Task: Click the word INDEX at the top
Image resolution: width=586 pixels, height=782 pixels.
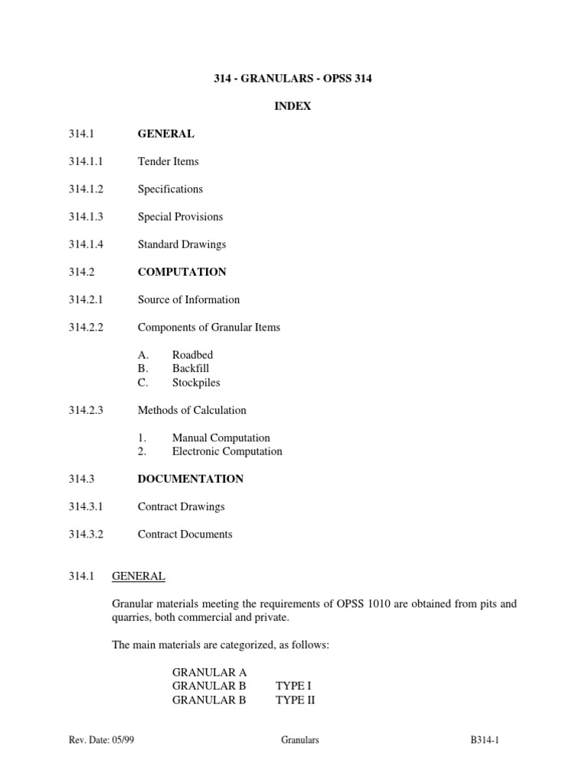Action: (x=293, y=106)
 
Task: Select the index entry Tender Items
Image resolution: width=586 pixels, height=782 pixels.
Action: (x=168, y=161)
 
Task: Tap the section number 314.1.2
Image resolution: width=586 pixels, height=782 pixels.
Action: (x=85, y=189)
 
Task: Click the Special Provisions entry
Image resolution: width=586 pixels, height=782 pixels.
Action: (x=180, y=216)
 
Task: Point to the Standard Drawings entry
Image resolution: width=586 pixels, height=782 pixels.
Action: (x=182, y=244)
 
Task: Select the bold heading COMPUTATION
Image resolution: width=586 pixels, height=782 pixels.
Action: (x=182, y=272)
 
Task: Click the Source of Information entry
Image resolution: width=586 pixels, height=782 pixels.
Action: (x=188, y=299)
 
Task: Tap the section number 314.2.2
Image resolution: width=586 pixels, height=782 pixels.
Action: (x=85, y=327)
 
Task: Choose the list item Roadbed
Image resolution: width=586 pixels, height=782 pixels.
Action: (x=192, y=355)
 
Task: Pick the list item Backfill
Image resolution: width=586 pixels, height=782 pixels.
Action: (x=191, y=368)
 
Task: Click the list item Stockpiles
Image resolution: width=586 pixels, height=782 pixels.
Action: (x=196, y=382)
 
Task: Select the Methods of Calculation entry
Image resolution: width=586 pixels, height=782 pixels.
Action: (x=192, y=410)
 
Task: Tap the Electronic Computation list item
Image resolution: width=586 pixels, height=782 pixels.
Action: (x=227, y=451)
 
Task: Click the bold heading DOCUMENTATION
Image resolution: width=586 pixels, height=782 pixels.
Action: (x=190, y=479)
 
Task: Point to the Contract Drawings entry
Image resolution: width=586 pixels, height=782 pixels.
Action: (x=181, y=506)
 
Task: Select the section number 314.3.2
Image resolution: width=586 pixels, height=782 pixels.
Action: (x=85, y=534)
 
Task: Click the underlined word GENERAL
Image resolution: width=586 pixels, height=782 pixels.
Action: (x=138, y=576)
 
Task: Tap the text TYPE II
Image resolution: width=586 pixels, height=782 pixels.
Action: (x=295, y=699)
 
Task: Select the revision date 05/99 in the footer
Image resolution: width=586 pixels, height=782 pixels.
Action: (x=124, y=740)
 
